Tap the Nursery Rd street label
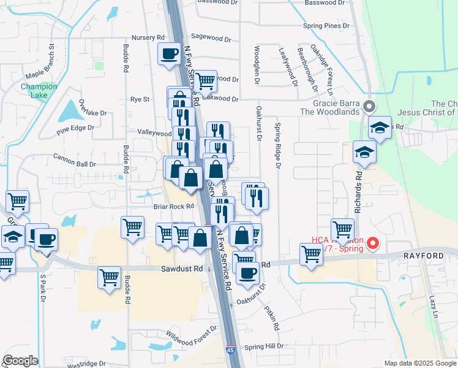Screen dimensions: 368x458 [x=145, y=37]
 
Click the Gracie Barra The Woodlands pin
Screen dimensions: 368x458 [x=369, y=107]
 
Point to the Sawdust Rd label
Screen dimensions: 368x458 [x=181, y=269]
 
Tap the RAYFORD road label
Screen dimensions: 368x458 [x=422, y=255]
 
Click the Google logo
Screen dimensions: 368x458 [x=20, y=361]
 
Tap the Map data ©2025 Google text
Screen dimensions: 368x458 [x=419, y=363]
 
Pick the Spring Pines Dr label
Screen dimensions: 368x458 [x=326, y=26]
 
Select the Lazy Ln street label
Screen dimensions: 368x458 [x=433, y=302]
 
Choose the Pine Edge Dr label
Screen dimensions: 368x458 [x=75, y=128]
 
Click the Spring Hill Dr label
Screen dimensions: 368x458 [x=263, y=347]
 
